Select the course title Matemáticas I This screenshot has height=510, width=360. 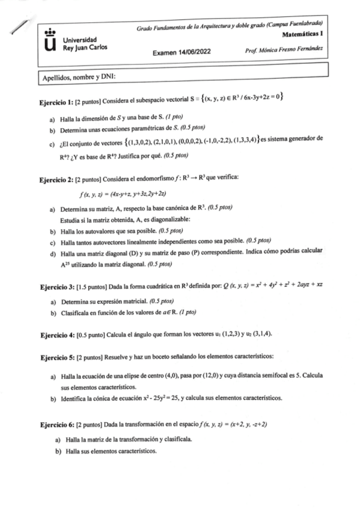click(x=303, y=35)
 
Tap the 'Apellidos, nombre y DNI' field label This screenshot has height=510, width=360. click(x=78, y=78)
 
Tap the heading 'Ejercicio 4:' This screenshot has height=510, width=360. click(x=56, y=334)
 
